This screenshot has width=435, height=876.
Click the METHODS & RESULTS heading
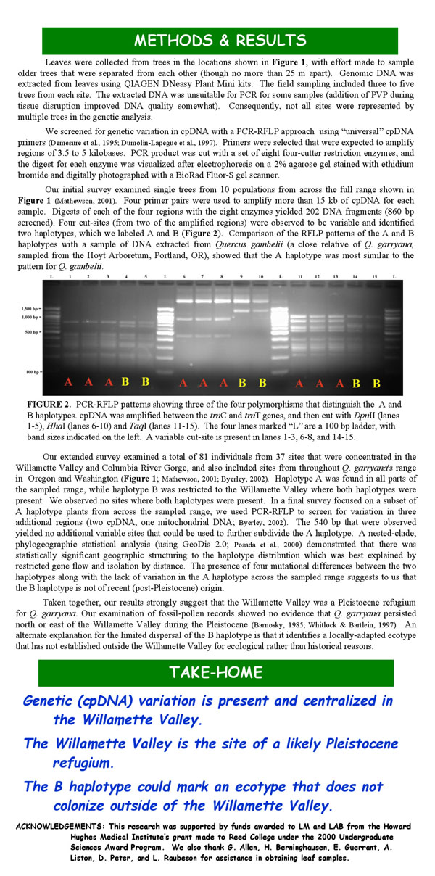coord(218,39)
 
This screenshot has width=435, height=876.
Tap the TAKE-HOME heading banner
coord(218,672)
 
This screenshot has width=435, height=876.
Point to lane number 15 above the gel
coord(375,278)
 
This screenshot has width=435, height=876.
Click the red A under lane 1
coord(69,381)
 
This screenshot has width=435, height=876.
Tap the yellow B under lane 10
coord(262,381)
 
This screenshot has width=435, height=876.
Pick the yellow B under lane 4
coord(125,381)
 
